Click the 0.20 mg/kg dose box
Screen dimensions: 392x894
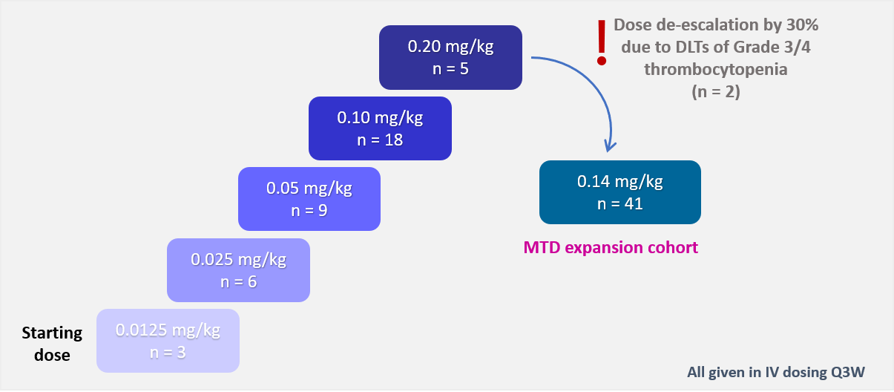[x=450, y=57]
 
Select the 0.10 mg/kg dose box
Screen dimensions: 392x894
[x=380, y=128]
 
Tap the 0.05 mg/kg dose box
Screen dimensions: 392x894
[x=309, y=198]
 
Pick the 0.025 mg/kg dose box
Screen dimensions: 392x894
[x=238, y=269]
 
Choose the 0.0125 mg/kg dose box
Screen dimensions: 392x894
[x=168, y=340]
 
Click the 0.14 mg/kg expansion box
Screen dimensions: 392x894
[x=619, y=192]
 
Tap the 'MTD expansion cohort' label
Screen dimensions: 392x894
[x=611, y=247]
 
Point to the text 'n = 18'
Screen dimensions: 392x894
[x=380, y=138]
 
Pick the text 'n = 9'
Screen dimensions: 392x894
[x=309, y=209]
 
